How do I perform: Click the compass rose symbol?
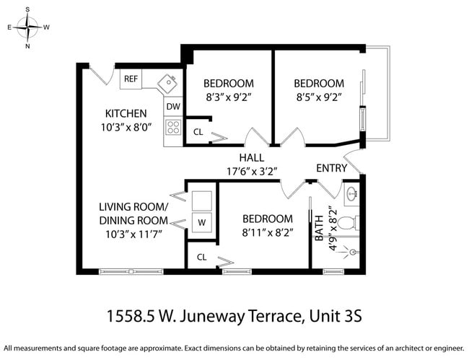click(27, 28)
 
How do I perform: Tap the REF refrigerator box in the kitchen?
click(131, 79)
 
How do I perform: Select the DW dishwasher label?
click(172, 107)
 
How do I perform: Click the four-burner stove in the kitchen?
click(173, 128)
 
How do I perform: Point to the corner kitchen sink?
click(168, 83)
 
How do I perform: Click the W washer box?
click(201, 223)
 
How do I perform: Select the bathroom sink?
click(351, 194)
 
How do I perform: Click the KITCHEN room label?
click(126, 113)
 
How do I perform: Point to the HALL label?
click(252, 157)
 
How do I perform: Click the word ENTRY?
click(332, 168)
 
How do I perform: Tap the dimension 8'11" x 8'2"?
click(267, 232)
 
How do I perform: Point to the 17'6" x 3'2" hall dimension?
click(252, 171)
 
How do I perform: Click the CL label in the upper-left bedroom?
click(198, 132)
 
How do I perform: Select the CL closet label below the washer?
click(201, 257)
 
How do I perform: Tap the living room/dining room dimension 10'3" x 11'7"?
click(133, 234)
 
